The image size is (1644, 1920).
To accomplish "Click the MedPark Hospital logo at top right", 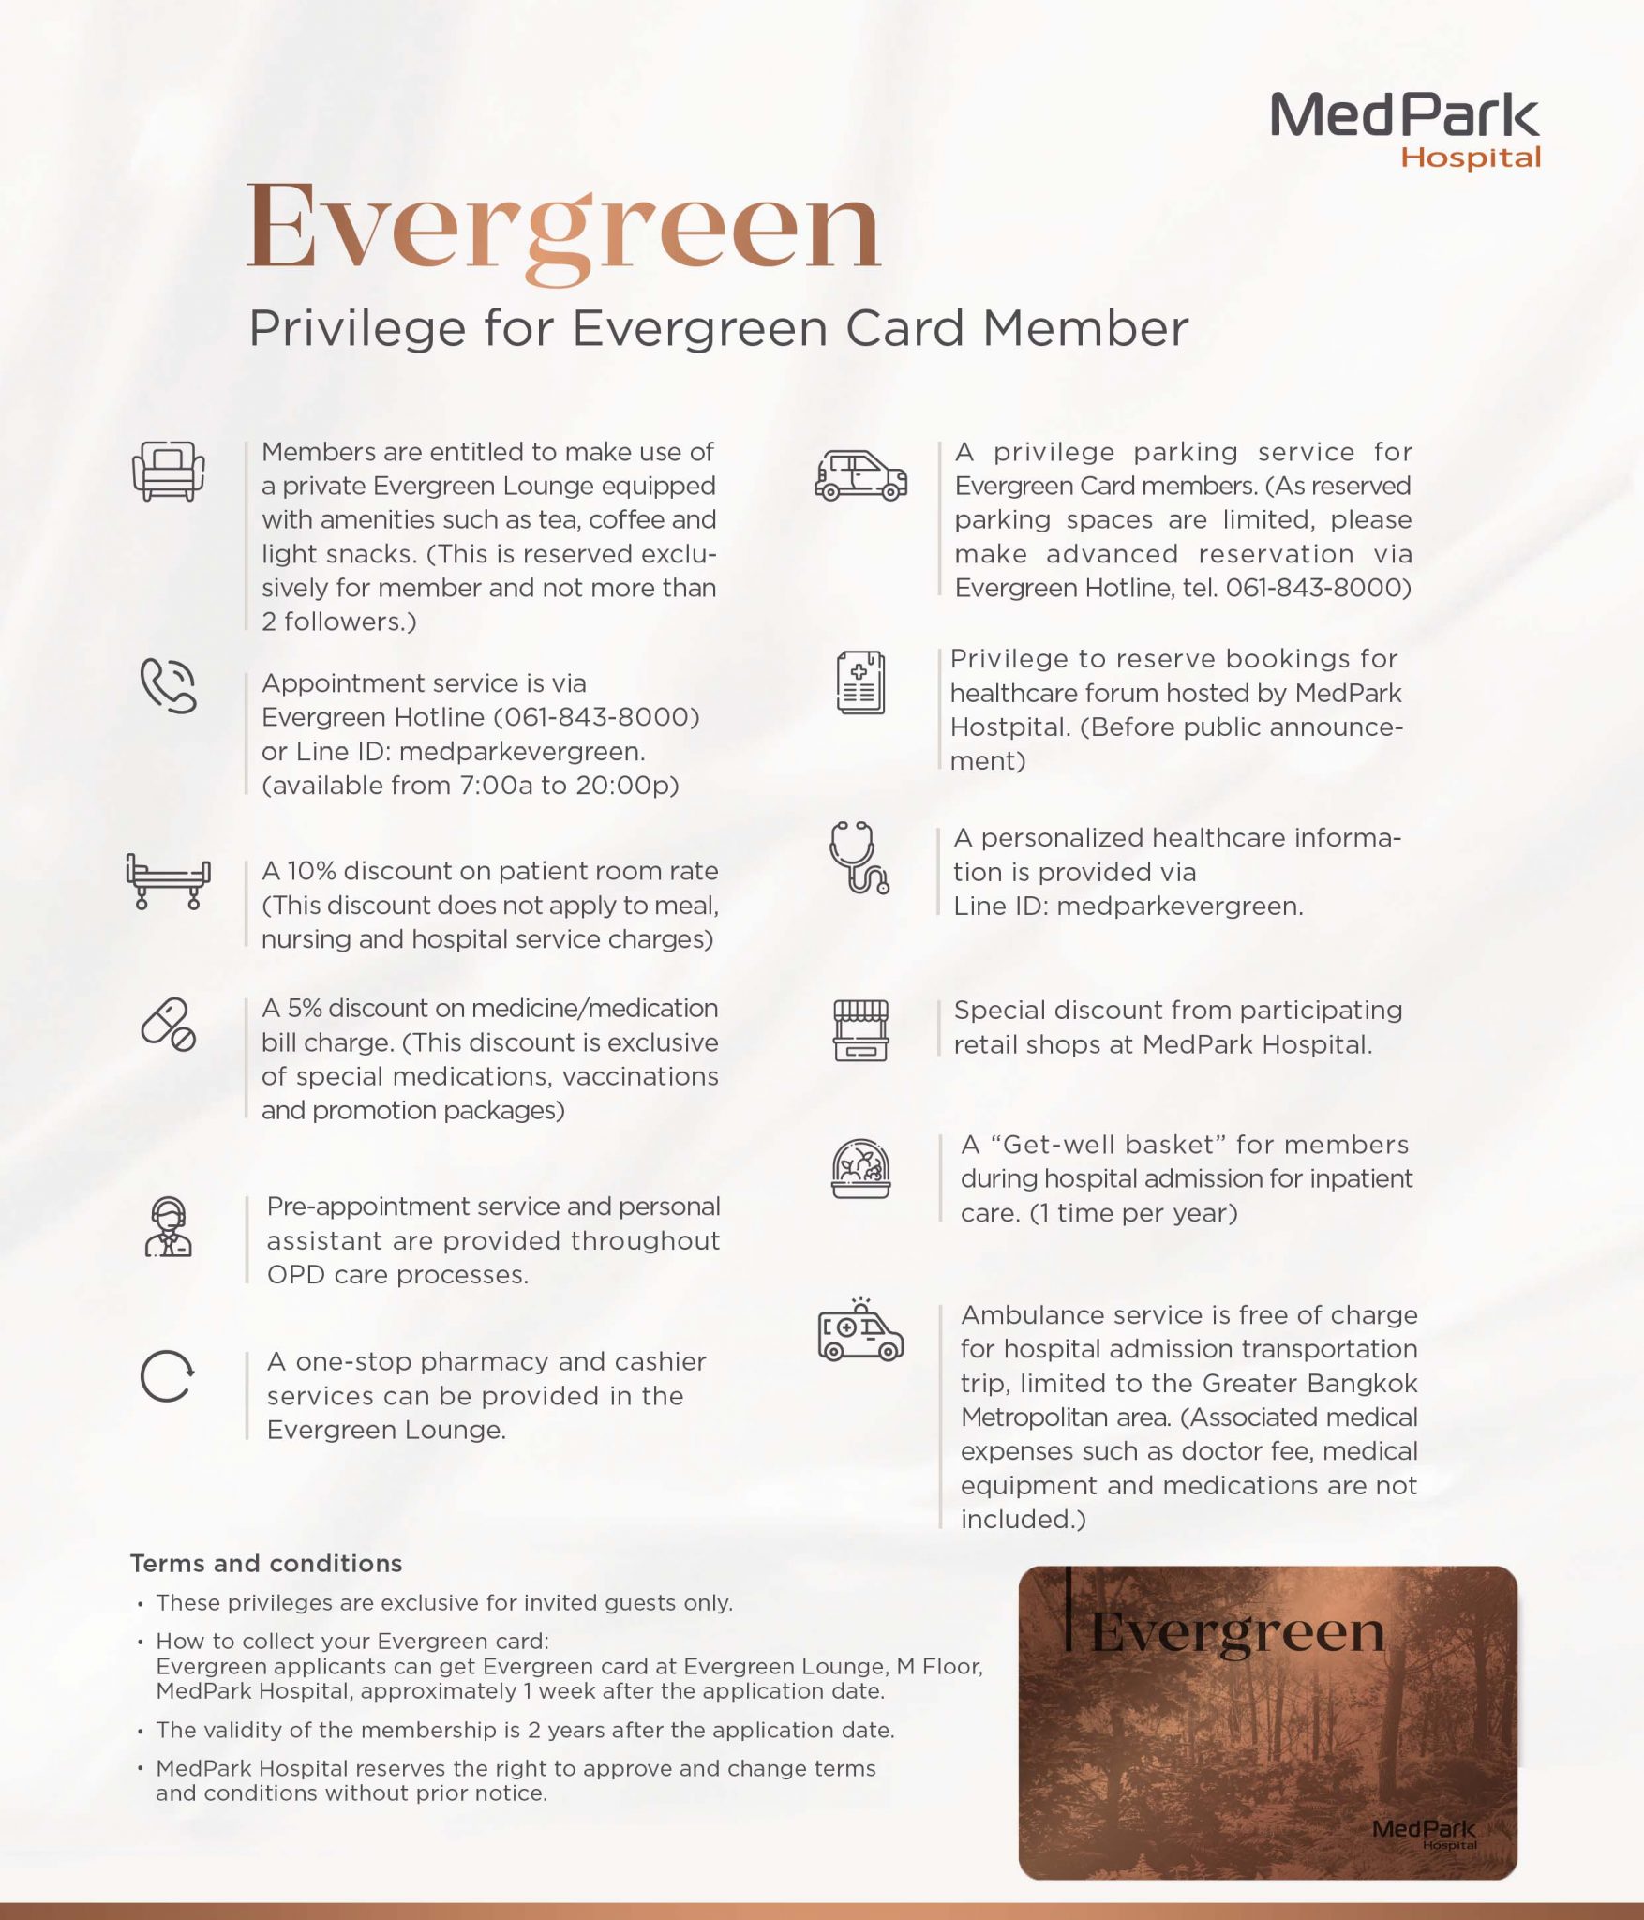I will (1404, 129).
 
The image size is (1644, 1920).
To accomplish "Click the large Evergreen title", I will (563, 228).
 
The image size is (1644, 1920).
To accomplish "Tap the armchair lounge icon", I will (168, 471).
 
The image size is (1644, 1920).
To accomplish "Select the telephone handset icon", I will (168, 685).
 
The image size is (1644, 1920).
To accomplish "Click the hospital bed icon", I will (168, 881).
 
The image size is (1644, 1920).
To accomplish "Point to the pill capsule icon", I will (168, 1024).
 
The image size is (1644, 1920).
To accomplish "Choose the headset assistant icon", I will (168, 1226).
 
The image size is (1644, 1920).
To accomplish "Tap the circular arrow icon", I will (167, 1376).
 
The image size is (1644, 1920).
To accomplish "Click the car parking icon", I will (860, 475).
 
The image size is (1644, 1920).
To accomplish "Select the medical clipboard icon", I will (860, 682).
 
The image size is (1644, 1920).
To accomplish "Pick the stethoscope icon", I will (859, 858).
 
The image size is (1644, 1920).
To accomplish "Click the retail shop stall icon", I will (860, 1030).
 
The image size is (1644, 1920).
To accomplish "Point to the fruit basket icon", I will (860, 1168).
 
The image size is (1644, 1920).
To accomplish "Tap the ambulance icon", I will (860, 1330).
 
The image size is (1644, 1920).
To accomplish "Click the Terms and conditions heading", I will (266, 1563).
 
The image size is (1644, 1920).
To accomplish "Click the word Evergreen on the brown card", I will (1237, 1632).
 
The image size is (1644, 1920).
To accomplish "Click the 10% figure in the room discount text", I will (311, 871).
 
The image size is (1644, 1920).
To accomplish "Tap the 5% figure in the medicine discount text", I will (304, 1008).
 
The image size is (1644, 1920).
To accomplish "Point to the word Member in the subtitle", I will (1085, 329).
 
